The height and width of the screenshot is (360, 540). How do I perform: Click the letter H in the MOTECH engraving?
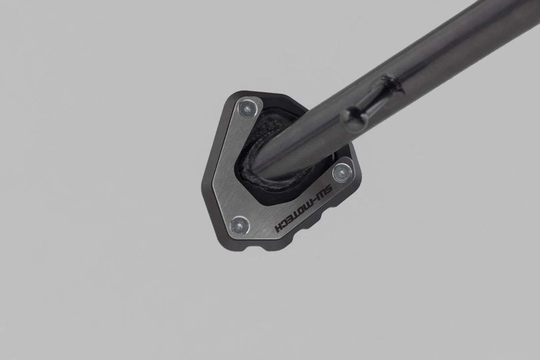(x=279, y=228)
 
